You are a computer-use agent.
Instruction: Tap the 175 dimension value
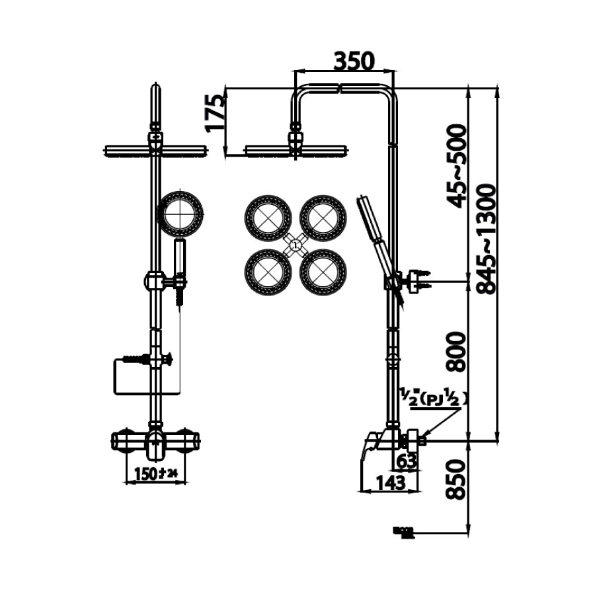tap(215, 113)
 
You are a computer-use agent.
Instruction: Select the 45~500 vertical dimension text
tap(457, 165)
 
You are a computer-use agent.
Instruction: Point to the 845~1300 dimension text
tap(486, 239)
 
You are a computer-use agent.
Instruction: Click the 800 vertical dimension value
tap(457, 351)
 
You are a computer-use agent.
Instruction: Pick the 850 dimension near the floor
tap(457, 479)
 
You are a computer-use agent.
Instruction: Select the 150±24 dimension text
tap(156, 473)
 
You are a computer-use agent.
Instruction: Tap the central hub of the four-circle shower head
tap(296, 245)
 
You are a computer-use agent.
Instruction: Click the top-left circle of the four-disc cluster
tap(268, 217)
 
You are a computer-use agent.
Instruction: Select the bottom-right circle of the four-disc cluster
tap(323, 272)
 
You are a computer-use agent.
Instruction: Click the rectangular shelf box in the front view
tap(136, 377)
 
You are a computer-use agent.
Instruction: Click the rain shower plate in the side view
tap(295, 151)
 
